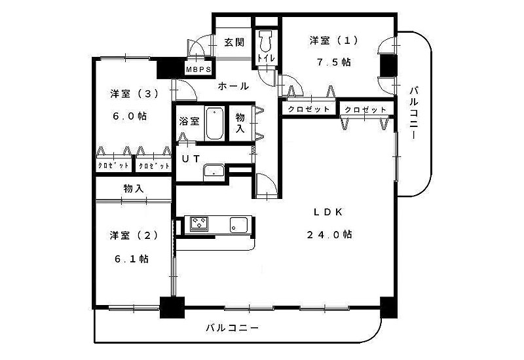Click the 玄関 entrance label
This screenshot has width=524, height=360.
(x=234, y=43)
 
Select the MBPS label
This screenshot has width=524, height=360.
(x=197, y=69)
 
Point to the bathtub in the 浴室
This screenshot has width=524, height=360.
(x=215, y=124)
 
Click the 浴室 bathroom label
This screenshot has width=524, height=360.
(x=189, y=121)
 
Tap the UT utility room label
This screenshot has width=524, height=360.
(x=191, y=158)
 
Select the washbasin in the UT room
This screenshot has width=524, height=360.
(x=214, y=172)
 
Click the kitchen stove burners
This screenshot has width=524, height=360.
(x=198, y=224)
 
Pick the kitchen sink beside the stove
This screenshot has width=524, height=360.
(x=237, y=225)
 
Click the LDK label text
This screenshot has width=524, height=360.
(x=324, y=211)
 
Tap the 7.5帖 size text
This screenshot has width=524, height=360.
(x=334, y=62)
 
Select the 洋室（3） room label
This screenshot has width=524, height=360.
(x=134, y=94)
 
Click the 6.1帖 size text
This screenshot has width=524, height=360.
(x=132, y=259)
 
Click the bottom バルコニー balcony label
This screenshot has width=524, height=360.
(x=232, y=327)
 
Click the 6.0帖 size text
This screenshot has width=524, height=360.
(x=130, y=116)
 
